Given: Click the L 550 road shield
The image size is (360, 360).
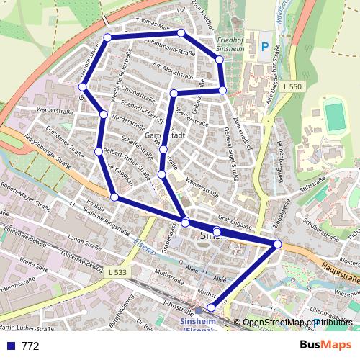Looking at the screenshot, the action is pyautogui.click(x=292, y=86).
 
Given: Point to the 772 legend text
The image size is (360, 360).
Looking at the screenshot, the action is pyautogui.click(x=30, y=346).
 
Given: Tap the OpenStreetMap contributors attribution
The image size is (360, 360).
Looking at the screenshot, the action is pyautogui.click(x=297, y=323).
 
